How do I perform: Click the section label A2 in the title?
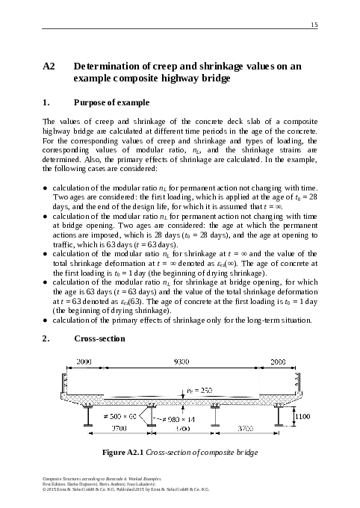click(51, 66)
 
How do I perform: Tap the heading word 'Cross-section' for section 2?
click(99, 338)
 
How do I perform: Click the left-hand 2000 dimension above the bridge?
click(84, 361)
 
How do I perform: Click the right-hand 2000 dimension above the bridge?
click(277, 361)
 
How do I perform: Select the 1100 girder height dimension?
click(303, 416)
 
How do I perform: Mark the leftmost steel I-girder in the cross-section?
click(89, 416)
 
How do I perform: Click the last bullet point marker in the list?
click(47, 321)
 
